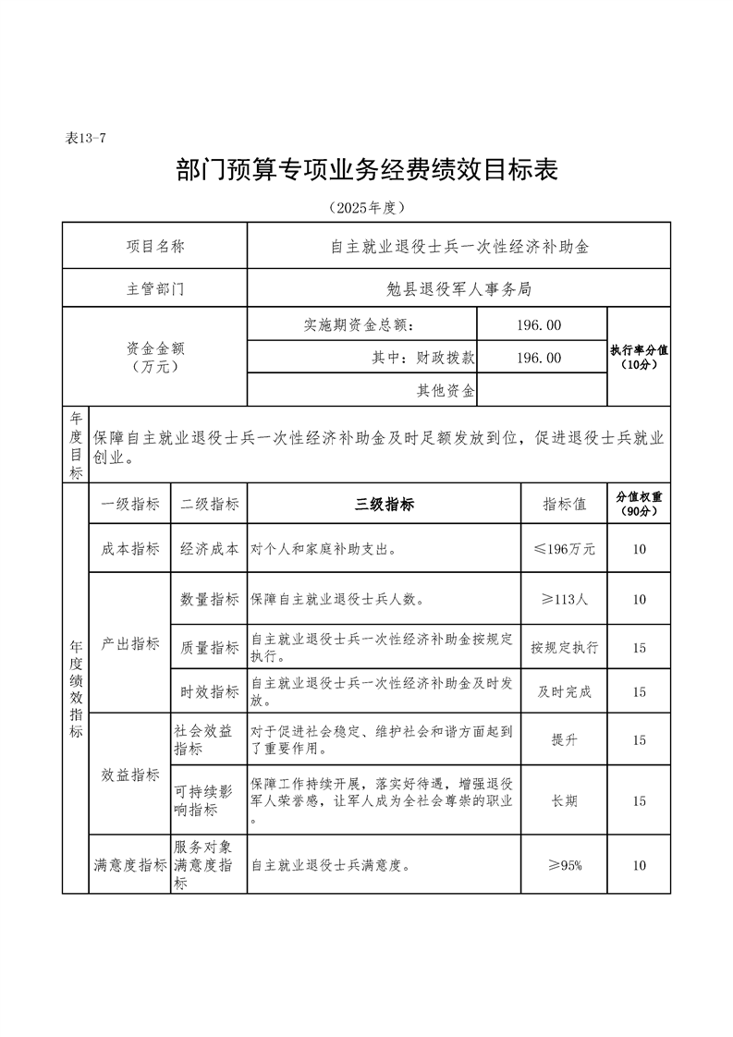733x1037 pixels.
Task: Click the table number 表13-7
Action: point(87,139)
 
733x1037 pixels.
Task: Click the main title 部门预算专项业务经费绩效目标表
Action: point(367,170)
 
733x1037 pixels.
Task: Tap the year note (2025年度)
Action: point(367,207)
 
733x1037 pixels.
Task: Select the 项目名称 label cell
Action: point(154,247)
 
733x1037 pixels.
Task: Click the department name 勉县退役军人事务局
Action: point(459,288)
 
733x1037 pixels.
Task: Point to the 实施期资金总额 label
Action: point(360,324)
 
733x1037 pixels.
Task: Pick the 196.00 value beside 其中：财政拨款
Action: point(540,358)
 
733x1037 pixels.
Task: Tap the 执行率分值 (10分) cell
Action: point(639,358)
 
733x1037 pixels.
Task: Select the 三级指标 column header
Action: point(385,504)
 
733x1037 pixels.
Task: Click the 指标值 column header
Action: point(565,504)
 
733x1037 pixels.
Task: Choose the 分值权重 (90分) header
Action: point(639,504)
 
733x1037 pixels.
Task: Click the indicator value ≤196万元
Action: point(565,549)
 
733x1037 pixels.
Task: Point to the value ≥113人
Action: point(565,599)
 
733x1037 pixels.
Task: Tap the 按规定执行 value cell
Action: point(565,647)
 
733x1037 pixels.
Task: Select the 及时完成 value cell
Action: point(565,691)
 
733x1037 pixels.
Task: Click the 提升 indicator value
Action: point(565,739)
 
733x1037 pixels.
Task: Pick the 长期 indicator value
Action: point(565,800)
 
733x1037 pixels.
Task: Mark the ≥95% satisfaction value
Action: point(565,865)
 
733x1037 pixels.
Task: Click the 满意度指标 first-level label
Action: point(130,865)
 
